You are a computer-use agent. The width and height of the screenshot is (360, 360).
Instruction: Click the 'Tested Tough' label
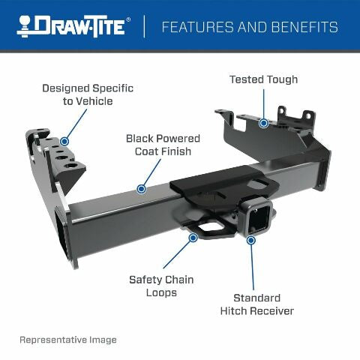coord(263,79)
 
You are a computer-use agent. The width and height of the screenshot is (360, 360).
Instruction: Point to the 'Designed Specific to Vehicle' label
coord(88,94)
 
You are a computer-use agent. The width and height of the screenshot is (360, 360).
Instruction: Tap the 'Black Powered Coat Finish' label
coord(163,145)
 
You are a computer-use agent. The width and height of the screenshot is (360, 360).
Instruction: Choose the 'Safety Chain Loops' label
coord(161,286)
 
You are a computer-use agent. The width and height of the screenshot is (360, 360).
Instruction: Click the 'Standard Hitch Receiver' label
coord(256,304)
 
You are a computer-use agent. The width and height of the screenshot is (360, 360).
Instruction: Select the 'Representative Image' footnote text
coord(68,340)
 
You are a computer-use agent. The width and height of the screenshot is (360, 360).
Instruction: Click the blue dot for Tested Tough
coord(263,122)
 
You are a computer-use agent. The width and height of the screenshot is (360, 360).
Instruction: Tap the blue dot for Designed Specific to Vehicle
coord(64,140)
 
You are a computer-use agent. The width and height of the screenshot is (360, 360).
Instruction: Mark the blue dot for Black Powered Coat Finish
coord(139,188)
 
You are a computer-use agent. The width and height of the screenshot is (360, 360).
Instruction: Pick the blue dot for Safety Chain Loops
coord(193,237)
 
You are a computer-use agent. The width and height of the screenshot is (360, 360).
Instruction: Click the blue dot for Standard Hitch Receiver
coord(250,240)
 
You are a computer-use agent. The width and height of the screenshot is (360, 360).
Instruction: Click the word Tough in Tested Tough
coord(281,79)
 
